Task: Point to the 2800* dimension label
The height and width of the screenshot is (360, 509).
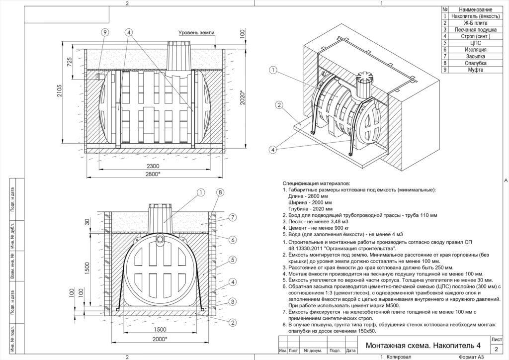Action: point(153,174)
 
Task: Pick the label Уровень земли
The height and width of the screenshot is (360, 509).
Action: point(196,32)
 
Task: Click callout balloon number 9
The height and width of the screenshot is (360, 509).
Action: point(104,32)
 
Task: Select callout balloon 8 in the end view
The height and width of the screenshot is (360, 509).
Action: point(220,192)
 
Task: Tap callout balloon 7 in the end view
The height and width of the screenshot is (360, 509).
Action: point(233,217)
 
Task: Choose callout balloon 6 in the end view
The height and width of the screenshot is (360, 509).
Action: point(233,240)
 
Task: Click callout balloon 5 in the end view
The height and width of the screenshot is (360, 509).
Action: point(233,260)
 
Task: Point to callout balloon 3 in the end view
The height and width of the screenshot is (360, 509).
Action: point(233,302)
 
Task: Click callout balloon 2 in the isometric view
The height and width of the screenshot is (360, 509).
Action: point(279,105)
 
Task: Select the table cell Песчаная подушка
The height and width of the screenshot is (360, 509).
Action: point(475,29)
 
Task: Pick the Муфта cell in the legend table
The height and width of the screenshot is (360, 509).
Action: point(475,70)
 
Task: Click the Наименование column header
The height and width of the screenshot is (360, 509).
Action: point(475,9)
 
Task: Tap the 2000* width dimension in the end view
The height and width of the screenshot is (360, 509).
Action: point(159,339)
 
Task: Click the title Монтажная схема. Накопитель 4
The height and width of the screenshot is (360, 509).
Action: point(423,346)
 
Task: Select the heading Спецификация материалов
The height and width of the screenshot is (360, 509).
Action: point(316,183)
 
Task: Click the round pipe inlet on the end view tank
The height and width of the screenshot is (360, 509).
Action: point(160,239)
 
